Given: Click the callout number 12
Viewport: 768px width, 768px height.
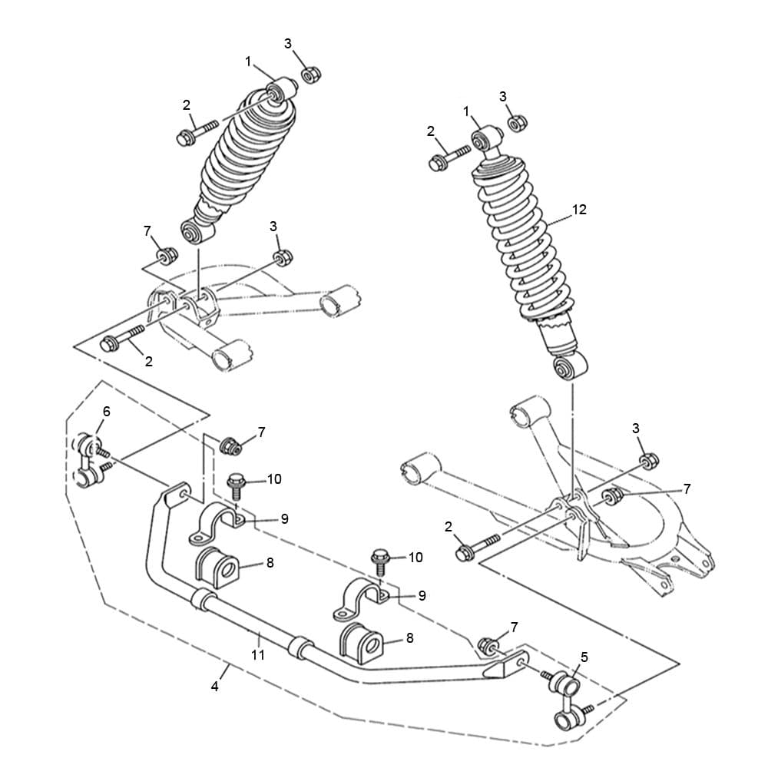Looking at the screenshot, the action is (579, 210).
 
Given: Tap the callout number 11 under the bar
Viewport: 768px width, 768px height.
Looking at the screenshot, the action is (258, 655).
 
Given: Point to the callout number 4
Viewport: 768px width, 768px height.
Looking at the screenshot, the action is (214, 687).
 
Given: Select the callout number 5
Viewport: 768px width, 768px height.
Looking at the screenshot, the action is (584, 657).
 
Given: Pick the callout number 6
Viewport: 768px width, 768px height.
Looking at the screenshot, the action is (106, 412).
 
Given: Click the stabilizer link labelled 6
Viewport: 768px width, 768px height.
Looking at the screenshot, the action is (91, 460).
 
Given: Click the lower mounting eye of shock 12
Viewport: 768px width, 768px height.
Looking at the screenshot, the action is (571, 367).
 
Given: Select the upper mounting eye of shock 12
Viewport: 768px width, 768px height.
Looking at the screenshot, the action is (485, 137).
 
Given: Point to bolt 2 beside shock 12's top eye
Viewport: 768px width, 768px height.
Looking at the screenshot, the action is (448, 159).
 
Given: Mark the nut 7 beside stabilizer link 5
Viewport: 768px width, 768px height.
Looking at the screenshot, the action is (488, 646).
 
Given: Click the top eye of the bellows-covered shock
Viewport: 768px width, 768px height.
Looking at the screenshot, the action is (280, 90).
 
